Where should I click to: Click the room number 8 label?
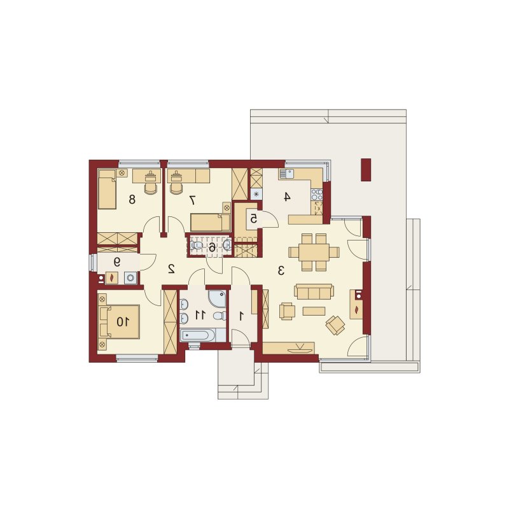coord(132,199)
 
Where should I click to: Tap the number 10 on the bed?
coord(123,322)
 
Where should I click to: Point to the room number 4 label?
coord(286,197)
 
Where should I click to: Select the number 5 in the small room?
coord(253,219)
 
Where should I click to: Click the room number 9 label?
coord(117,261)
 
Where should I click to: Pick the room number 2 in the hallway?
coord(171,268)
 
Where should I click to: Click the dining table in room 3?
coord(314,252)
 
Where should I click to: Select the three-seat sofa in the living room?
coord(314,291)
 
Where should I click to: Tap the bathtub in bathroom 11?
coord(198,335)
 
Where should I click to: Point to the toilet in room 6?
coord(197,245)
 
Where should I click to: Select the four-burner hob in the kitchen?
coord(317,195)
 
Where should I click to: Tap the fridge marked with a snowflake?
coord(257,194)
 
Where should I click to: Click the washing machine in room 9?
coord(131,278)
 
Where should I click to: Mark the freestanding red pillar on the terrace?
coord(366,169)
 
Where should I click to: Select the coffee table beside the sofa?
coord(314,311)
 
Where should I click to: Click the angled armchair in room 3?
coord(335,325)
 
